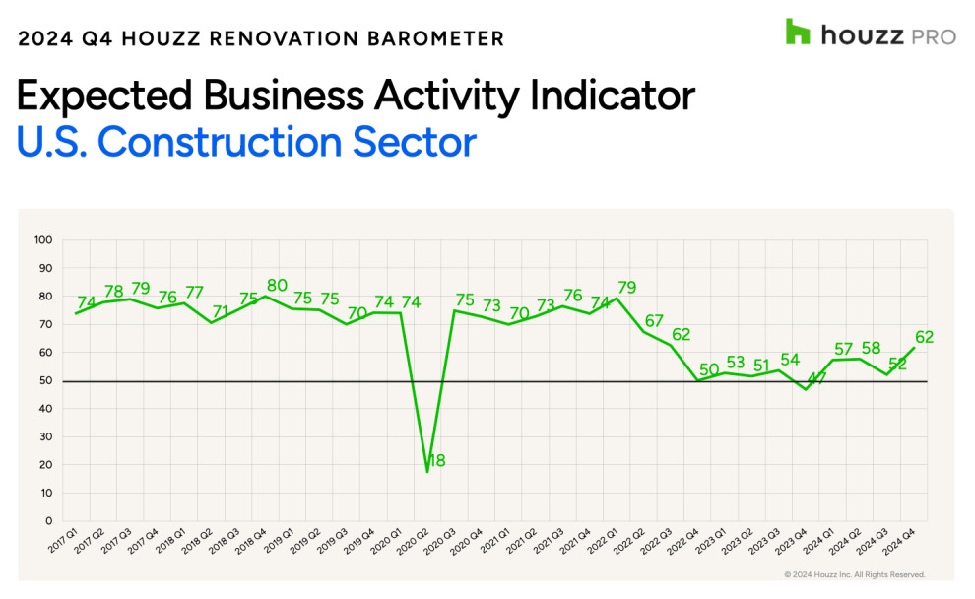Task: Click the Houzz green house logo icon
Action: [x=798, y=32]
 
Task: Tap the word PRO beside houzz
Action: [x=933, y=36]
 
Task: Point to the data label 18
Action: [x=437, y=460]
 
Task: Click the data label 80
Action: [x=278, y=286]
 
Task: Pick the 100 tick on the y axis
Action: [x=42, y=239]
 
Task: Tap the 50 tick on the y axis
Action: [x=45, y=380]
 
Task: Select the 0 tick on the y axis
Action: [x=48, y=521]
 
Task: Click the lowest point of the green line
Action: [x=427, y=472]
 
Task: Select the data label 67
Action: [x=653, y=321]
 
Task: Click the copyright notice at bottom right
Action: [x=854, y=574]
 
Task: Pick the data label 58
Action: [x=870, y=349]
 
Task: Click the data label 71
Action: [x=220, y=311]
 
